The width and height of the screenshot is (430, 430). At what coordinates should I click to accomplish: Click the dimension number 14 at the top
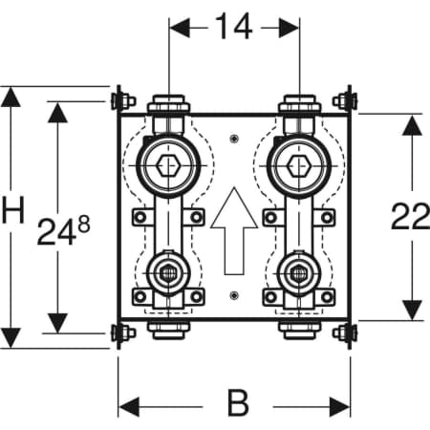(x=234, y=27)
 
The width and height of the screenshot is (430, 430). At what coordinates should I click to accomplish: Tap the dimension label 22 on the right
(x=410, y=217)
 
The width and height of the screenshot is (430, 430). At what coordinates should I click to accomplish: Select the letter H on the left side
(x=13, y=210)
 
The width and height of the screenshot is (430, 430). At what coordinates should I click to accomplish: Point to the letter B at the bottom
(x=238, y=403)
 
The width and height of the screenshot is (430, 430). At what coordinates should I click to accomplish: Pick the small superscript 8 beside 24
(x=84, y=224)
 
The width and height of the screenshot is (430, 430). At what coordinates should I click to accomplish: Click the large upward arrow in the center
(x=234, y=230)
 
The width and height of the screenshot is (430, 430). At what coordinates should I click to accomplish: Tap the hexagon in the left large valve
(x=168, y=165)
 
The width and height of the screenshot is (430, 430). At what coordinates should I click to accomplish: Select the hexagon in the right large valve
(x=299, y=165)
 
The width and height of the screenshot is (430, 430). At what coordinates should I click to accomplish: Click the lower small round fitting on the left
(x=168, y=273)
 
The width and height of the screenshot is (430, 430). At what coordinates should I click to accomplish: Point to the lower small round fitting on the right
(x=299, y=273)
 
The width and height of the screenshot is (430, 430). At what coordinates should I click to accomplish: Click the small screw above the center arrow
(x=234, y=138)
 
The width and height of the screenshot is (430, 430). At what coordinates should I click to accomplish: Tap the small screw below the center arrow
(x=234, y=295)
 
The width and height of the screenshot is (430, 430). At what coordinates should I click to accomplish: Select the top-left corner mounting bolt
(x=123, y=101)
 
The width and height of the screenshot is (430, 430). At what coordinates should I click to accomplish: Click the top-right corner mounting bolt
(x=345, y=101)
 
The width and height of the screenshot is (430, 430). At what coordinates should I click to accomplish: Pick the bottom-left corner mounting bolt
(x=123, y=333)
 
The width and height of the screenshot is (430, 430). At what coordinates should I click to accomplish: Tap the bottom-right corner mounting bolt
(x=345, y=333)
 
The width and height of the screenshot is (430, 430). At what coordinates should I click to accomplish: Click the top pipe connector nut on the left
(x=169, y=103)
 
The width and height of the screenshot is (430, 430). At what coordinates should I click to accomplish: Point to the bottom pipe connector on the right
(x=299, y=330)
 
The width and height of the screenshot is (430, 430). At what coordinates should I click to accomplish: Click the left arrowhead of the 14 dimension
(x=180, y=28)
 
